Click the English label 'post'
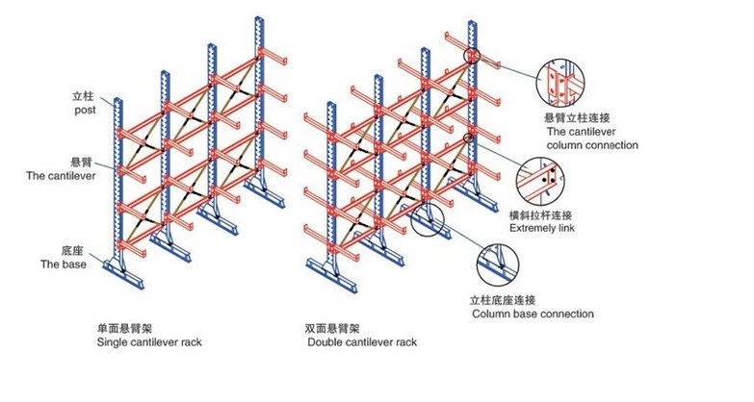click(86, 111)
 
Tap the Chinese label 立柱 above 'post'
click(85, 97)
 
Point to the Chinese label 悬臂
click(82, 163)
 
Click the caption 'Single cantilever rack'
click(149, 341)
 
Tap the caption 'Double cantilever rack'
click(361, 341)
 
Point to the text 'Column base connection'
click(532, 314)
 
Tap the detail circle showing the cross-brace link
click(546, 179)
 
